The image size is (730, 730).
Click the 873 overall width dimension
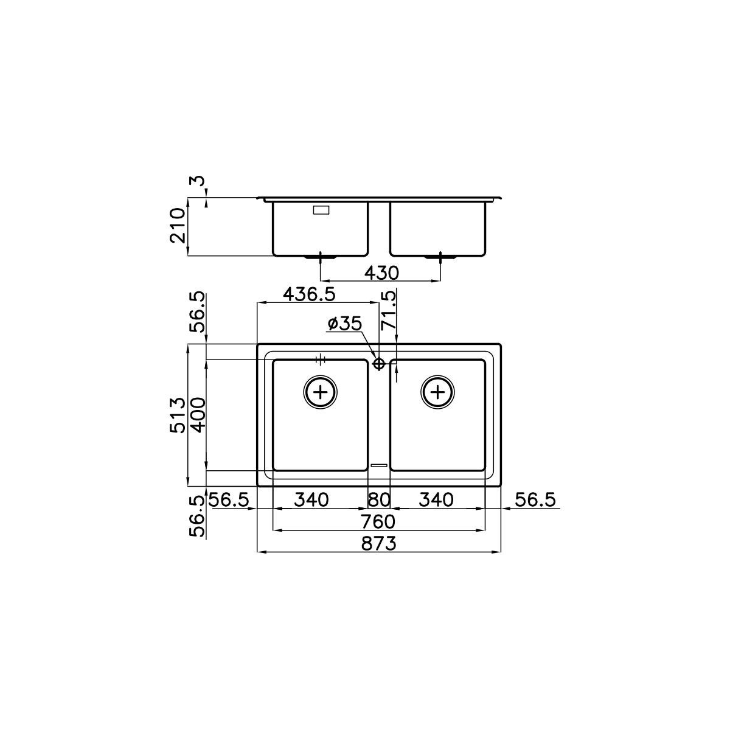click(378, 544)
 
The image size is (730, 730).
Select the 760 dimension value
click(378, 522)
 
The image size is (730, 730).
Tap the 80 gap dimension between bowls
click(379, 500)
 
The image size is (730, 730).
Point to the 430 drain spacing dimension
click(381, 273)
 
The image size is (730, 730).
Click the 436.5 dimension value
click(310, 294)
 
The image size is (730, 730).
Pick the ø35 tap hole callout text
click(345, 324)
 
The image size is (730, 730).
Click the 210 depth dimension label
click(178, 226)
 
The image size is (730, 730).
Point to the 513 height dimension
click(178, 415)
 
